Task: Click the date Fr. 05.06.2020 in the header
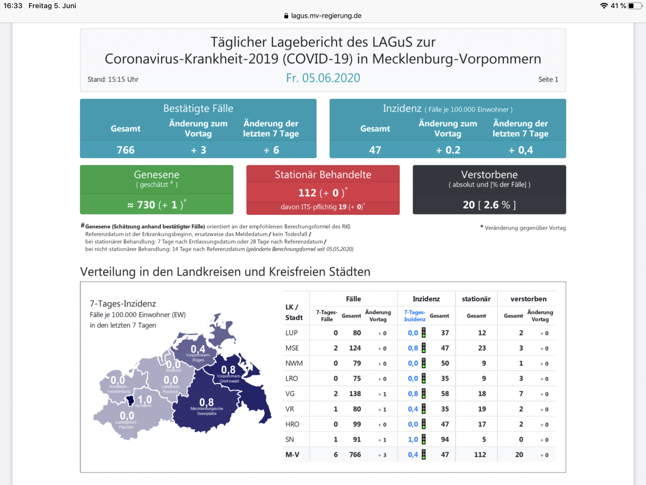(x=323, y=78)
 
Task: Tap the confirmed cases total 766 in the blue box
(x=125, y=150)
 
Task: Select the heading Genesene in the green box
(x=156, y=174)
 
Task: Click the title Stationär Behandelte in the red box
(x=323, y=174)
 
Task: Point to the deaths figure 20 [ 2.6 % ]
(x=489, y=205)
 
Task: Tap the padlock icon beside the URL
(x=286, y=16)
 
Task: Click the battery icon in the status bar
(x=635, y=6)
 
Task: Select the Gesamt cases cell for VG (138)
(x=355, y=394)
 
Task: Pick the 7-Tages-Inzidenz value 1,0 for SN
(x=413, y=440)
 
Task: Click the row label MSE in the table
(x=292, y=348)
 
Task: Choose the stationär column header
(x=476, y=299)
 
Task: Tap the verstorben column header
(x=528, y=299)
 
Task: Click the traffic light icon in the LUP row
(x=424, y=333)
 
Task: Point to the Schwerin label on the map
(x=143, y=406)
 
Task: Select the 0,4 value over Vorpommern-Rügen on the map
(x=198, y=349)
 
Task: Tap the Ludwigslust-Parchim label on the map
(x=126, y=425)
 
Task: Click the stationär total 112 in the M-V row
(x=480, y=455)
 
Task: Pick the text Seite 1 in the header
(x=548, y=79)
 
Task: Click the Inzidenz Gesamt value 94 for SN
(x=445, y=440)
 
